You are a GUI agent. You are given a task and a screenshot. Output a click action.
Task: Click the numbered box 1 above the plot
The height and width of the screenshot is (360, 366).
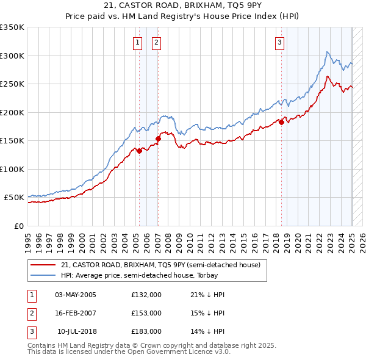[137, 42]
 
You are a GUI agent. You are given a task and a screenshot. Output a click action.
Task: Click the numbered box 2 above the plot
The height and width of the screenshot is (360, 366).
[157, 42]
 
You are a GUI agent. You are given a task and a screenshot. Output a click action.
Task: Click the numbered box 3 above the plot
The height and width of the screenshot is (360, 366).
[279, 42]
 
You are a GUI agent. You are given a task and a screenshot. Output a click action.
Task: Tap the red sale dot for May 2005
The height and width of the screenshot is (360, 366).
[139, 151]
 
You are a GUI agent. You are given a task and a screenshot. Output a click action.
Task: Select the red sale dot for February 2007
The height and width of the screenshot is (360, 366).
[158, 139]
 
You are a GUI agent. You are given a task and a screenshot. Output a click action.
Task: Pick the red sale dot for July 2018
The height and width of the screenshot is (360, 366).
[281, 122]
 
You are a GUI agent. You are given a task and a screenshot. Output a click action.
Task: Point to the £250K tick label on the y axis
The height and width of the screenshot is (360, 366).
[12, 84]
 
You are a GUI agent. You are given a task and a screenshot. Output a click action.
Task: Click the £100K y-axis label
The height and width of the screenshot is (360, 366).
[12, 169]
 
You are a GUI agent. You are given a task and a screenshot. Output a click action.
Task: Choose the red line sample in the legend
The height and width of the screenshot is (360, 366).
[43, 265]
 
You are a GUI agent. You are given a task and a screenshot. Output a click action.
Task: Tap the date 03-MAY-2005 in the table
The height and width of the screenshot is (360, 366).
[76, 295]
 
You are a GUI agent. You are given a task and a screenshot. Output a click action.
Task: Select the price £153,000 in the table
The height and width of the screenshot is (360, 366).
[146, 313]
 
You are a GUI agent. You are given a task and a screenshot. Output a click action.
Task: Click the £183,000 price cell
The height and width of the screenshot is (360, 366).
[146, 331]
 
